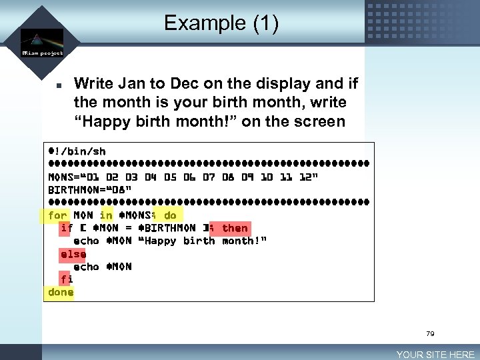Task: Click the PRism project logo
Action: [x=42, y=43]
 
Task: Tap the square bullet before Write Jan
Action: [x=59, y=85]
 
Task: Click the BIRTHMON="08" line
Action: [x=90, y=189]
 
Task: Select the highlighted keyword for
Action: [x=57, y=215]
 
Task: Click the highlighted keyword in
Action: [x=106, y=215]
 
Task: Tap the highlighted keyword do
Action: [x=170, y=215]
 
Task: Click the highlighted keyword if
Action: [x=67, y=228]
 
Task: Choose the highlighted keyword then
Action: [x=235, y=228]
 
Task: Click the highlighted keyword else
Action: [x=73, y=254]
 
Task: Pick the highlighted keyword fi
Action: [x=67, y=279]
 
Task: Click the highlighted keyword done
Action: [x=61, y=292]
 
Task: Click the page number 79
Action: [x=429, y=333]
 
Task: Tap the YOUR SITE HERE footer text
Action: [x=435, y=355]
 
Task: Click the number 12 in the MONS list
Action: [x=305, y=177]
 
